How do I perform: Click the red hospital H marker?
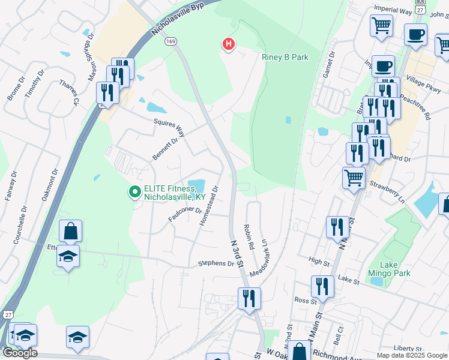(228, 44)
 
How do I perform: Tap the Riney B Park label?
(285, 57)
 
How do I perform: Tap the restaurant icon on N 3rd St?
(249, 298)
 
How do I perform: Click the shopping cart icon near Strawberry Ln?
(354, 177)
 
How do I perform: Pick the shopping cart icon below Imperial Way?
(381, 26)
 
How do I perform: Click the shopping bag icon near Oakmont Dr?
(70, 231)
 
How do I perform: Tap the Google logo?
(20, 353)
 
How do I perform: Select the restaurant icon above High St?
(337, 227)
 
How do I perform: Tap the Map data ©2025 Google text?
(412, 355)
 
